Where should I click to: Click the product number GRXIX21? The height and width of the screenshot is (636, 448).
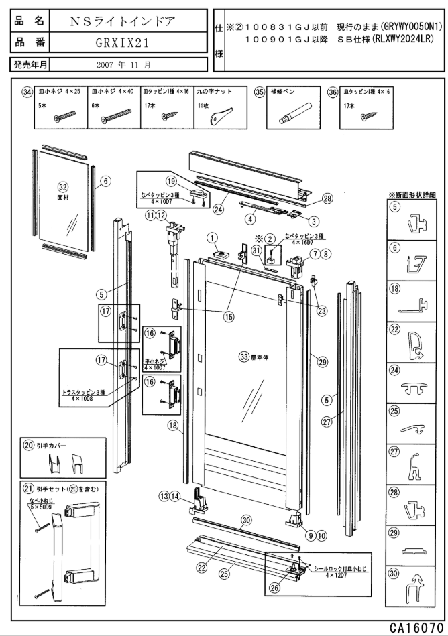click(x=122, y=44)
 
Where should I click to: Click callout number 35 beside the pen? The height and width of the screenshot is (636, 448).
click(x=260, y=93)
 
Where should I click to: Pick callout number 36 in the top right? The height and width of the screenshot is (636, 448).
click(x=333, y=93)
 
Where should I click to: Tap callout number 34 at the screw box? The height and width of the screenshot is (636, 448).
click(x=27, y=93)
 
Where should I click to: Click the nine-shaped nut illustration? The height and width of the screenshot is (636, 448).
click(x=218, y=116)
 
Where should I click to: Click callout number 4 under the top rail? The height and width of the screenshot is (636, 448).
click(x=250, y=218)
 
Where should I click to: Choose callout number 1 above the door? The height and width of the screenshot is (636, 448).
click(x=213, y=237)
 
